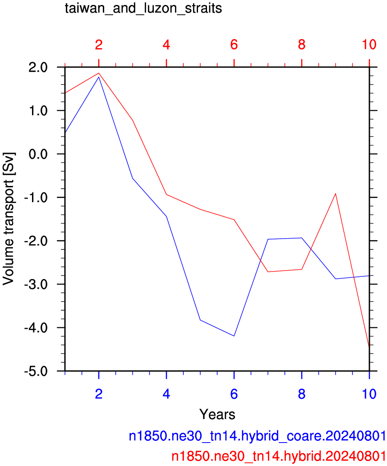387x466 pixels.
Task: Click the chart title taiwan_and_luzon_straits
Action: coord(143,8)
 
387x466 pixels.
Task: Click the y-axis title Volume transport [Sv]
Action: coord(8,219)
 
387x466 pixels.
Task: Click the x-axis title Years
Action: coord(217,414)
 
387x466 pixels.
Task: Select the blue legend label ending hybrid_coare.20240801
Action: coord(257,436)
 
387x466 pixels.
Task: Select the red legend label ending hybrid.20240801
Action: coord(279,456)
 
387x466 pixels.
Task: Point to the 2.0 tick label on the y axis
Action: coord(38,67)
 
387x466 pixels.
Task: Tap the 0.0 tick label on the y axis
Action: coord(38,154)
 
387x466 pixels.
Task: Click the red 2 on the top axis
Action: coord(99,45)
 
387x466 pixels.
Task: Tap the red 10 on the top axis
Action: coord(369,45)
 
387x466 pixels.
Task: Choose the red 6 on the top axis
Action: coord(234,45)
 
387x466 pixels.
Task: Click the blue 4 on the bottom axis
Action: coord(166,394)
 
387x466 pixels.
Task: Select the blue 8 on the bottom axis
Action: coord(302,394)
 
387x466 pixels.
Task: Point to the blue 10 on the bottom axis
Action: coord(369,394)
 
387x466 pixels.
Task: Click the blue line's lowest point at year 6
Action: coord(234,336)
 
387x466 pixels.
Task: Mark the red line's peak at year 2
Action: coord(99,73)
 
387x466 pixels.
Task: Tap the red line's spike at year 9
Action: coord(336,194)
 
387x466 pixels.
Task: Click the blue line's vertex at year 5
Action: coord(200,320)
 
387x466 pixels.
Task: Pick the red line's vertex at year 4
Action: coord(166,195)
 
